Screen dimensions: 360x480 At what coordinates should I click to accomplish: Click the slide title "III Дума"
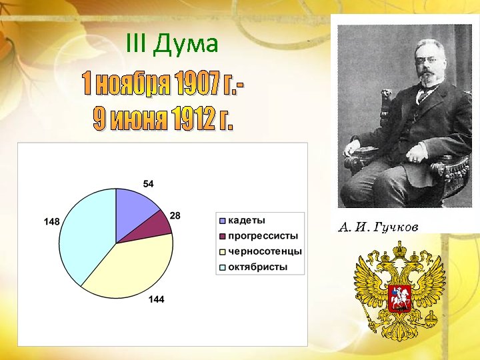tap(171, 45)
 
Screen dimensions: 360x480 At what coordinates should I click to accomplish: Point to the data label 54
tap(149, 183)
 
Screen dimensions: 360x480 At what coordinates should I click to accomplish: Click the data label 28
tap(175, 216)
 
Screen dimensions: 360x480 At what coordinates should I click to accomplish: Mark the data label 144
tap(156, 300)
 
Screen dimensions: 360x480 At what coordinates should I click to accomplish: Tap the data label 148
tap(51, 221)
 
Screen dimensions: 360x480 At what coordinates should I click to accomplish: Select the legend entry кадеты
tap(247, 220)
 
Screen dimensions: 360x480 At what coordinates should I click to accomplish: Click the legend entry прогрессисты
tap(263, 236)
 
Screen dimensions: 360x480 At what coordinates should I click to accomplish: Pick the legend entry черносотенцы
tap(265, 251)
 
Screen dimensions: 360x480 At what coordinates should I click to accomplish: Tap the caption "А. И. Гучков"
tap(378, 227)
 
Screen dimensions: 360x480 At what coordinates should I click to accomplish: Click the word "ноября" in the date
tap(136, 85)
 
